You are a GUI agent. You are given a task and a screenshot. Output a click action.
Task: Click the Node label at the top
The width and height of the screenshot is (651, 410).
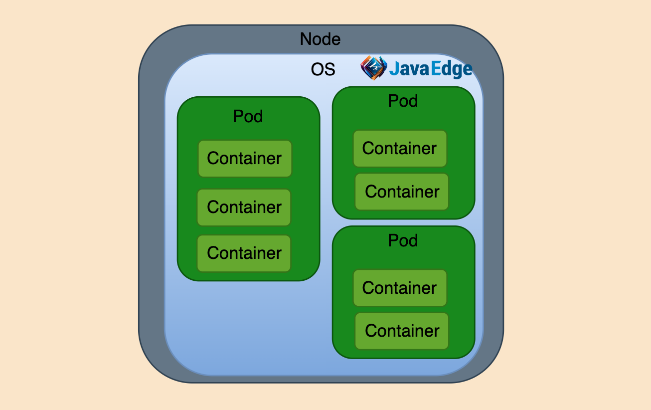(320, 39)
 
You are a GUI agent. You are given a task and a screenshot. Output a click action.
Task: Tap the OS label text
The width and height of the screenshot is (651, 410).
(323, 69)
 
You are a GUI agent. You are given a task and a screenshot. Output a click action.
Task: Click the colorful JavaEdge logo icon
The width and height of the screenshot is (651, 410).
(373, 68)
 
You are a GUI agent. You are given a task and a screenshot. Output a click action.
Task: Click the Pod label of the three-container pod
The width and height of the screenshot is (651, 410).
(248, 116)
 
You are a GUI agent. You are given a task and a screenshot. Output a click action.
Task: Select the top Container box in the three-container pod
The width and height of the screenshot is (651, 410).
(245, 159)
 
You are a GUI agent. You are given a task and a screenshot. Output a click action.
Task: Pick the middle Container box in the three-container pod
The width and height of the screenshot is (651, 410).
(244, 207)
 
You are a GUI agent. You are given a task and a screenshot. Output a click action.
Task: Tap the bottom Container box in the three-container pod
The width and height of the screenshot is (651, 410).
(244, 253)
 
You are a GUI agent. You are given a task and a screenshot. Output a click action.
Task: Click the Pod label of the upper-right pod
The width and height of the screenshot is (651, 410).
(403, 101)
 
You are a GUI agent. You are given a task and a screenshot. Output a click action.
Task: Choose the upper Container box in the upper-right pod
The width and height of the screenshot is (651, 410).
(400, 149)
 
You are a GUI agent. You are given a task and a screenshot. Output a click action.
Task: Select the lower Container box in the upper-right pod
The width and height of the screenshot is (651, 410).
(402, 192)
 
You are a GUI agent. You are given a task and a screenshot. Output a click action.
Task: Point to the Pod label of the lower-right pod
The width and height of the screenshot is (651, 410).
(403, 240)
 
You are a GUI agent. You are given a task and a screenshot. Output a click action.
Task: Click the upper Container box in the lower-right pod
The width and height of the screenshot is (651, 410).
(400, 288)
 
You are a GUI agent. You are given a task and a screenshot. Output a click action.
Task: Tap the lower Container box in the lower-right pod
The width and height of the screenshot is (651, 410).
(402, 331)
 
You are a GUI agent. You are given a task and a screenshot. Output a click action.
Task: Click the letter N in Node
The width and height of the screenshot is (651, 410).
(306, 39)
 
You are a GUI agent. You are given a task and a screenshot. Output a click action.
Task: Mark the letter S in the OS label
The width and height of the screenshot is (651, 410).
(330, 69)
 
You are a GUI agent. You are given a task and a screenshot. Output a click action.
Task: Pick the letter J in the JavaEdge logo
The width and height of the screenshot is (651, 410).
(394, 69)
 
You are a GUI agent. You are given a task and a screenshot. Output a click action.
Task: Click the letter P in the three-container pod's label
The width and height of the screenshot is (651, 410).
(238, 116)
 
